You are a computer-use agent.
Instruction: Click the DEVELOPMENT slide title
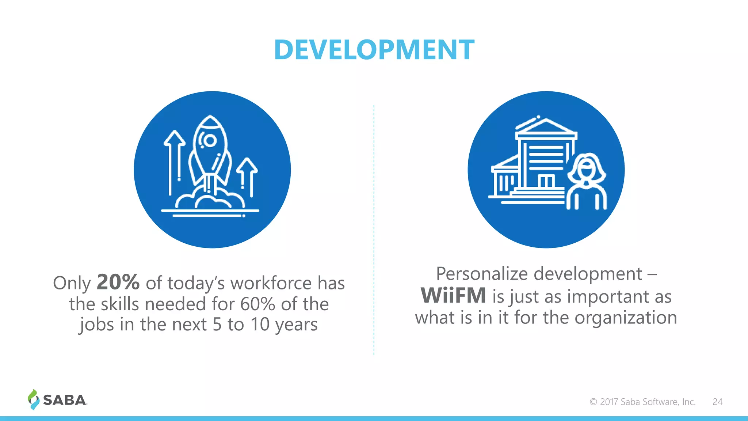pos(374,50)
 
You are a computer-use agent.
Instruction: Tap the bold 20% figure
pos(118,282)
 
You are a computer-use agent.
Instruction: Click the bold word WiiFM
pos(453,296)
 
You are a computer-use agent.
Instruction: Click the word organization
pos(626,317)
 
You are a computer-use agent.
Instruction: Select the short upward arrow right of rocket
pos(247,175)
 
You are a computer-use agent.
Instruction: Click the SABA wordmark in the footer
pos(65,400)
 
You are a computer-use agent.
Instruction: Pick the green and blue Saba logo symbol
pos(33,399)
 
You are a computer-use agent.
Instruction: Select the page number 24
pos(717,402)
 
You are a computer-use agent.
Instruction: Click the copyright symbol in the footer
pos(593,402)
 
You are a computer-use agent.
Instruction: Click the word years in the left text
pos(296,325)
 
